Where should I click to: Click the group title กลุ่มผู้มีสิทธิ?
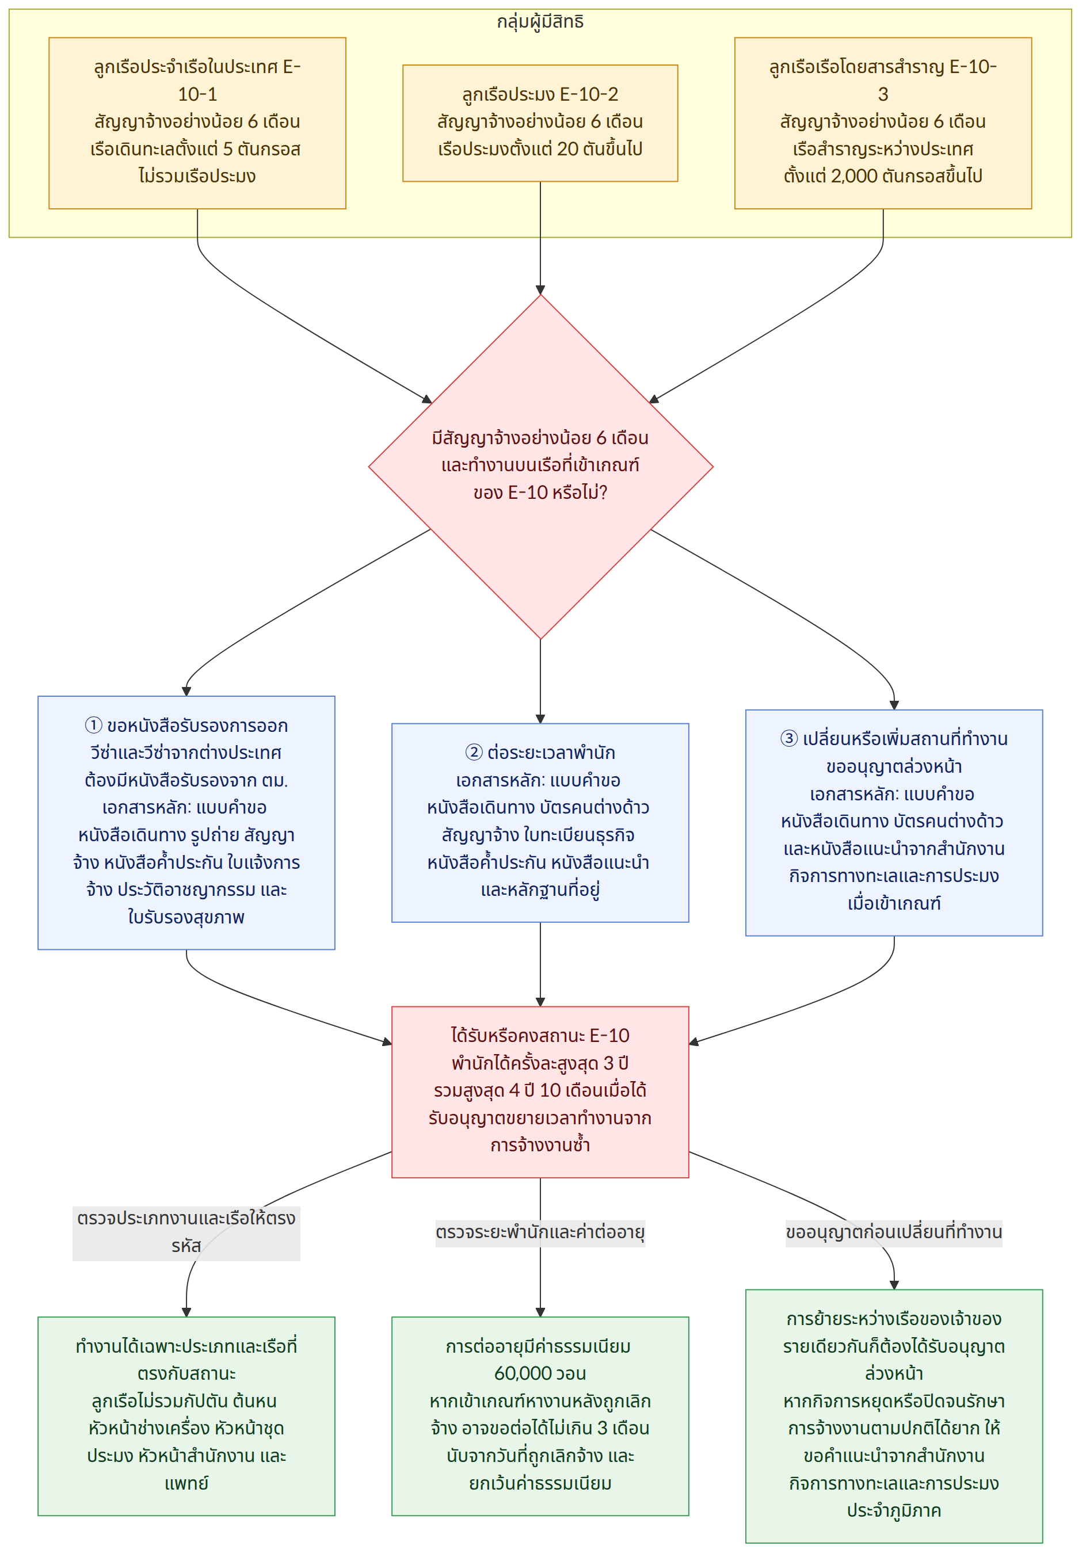pos(540,22)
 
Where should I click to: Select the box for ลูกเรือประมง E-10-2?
pos(540,123)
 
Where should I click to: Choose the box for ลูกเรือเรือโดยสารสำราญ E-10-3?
pos(883,123)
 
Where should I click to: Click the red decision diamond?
pos(540,467)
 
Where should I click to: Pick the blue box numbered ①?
pos(186,823)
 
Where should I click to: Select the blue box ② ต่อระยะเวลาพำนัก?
pos(540,823)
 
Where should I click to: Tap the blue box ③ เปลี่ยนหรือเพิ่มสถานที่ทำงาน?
pos(894,823)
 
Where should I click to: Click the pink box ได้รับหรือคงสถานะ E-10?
pos(540,1092)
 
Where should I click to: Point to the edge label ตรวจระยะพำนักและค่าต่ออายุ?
pos(540,1233)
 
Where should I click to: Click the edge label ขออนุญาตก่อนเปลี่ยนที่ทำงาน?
pos(894,1233)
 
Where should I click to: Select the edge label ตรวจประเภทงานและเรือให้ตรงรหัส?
pos(186,1233)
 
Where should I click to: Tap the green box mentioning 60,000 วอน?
pos(540,1417)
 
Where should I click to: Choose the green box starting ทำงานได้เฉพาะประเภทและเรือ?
pos(186,1417)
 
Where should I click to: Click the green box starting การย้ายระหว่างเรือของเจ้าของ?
pos(894,1417)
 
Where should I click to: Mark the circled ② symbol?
pos(474,753)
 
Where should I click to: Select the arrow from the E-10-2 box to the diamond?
pos(540,238)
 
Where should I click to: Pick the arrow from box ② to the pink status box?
pos(540,964)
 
